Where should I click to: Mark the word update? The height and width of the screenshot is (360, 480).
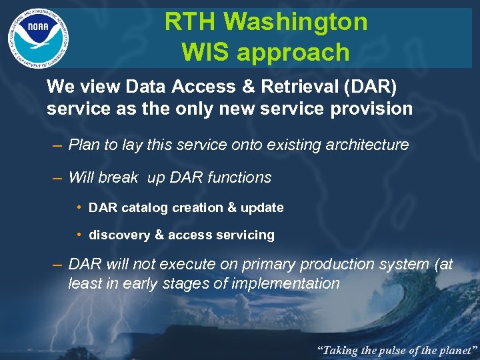tap(262, 207)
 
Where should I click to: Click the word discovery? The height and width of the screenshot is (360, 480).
tap(119, 235)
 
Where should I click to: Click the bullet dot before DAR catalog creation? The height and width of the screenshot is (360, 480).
tap(80, 207)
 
